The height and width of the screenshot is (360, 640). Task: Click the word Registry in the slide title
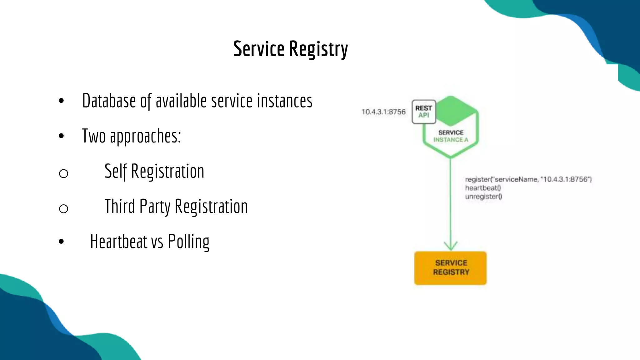pyautogui.click(x=318, y=49)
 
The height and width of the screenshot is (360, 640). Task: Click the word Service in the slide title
pyautogui.click(x=259, y=49)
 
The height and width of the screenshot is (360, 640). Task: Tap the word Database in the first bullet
pyautogui.click(x=109, y=101)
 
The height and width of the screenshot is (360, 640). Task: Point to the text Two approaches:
pyautogui.click(x=132, y=136)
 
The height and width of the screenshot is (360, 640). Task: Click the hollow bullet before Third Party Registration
pyautogui.click(x=63, y=208)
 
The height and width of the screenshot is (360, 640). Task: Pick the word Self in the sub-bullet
pyautogui.click(x=116, y=171)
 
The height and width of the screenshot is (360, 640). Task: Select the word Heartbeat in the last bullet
pyautogui.click(x=119, y=242)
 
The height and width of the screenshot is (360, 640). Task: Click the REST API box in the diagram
pyautogui.click(x=424, y=112)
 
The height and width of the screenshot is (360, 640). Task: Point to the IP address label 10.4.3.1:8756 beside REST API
pyautogui.click(x=383, y=112)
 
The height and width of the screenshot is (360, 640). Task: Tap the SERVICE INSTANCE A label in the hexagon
pyautogui.click(x=451, y=136)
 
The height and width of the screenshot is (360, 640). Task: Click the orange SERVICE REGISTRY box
pyautogui.click(x=450, y=268)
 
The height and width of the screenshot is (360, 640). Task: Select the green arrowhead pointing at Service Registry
pyautogui.click(x=451, y=246)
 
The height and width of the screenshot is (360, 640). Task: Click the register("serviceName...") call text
pyautogui.click(x=528, y=179)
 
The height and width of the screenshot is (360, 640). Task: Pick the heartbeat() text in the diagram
pyautogui.click(x=483, y=188)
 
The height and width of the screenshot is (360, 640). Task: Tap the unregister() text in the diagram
pyautogui.click(x=483, y=197)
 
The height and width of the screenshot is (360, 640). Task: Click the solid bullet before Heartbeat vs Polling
pyautogui.click(x=61, y=242)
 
